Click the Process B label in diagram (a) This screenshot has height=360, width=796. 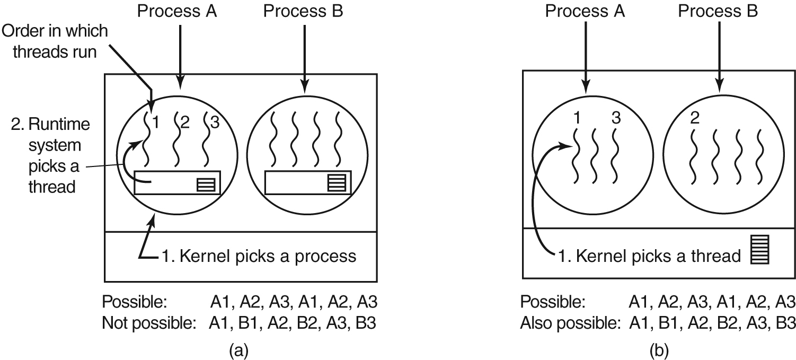[x=304, y=12]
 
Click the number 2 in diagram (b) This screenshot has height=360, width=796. [x=694, y=118]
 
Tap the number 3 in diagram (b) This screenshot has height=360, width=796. [x=615, y=118]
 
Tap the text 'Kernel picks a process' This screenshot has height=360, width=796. [x=259, y=257]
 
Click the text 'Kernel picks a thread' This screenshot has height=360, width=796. [x=650, y=257]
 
